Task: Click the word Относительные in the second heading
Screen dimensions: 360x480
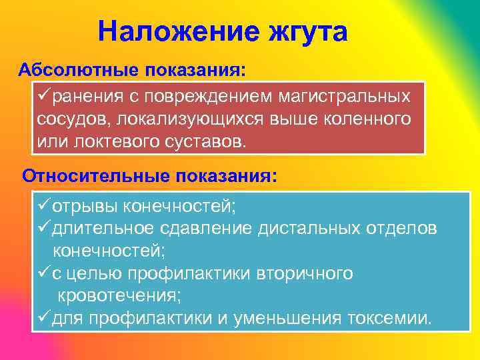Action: (x=97, y=176)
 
